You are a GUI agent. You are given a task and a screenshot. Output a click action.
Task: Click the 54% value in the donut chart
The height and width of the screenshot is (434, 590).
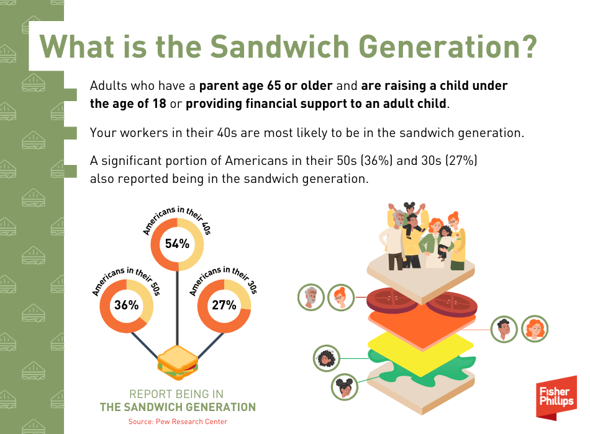[x=177, y=244]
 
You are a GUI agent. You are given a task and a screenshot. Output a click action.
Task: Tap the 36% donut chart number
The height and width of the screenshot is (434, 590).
[x=127, y=305]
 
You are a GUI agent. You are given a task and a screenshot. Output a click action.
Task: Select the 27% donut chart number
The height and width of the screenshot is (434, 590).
[x=224, y=305]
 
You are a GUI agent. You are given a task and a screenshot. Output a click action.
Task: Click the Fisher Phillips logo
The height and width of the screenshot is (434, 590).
[x=556, y=397]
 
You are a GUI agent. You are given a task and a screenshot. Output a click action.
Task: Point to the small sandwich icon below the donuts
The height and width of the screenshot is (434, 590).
[x=177, y=363]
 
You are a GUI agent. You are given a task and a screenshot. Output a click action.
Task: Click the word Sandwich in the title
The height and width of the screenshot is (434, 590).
[x=279, y=46]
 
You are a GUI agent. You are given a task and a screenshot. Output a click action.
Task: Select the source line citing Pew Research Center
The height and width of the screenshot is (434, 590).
[x=178, y=422]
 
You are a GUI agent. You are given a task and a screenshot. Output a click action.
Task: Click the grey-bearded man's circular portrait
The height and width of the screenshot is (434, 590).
[x=311, y=297]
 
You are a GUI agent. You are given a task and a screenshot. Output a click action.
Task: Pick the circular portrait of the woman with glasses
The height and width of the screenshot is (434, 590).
[x=341, y=297]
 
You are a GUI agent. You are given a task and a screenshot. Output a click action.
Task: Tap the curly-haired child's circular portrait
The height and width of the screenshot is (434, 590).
[x=327, y=358]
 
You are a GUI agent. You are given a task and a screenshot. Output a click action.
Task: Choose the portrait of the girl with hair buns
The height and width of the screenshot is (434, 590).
[x=345, y=387]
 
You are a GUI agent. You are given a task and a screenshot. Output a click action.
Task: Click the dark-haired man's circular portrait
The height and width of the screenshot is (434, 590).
[x=504, y=329]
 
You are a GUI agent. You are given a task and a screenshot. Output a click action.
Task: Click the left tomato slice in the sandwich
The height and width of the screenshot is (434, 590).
[x=391, y=299]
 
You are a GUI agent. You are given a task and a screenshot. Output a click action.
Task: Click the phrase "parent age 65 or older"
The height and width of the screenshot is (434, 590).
[x=266, y=86]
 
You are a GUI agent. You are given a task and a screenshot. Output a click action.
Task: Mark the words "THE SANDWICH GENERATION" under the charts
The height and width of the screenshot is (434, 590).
[x=178, y=407]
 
